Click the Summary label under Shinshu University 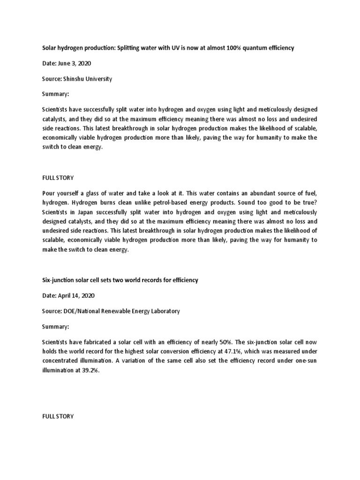(x=55, y=94)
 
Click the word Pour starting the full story (x=49, y=194)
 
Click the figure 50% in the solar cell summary (x=235, y=341)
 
